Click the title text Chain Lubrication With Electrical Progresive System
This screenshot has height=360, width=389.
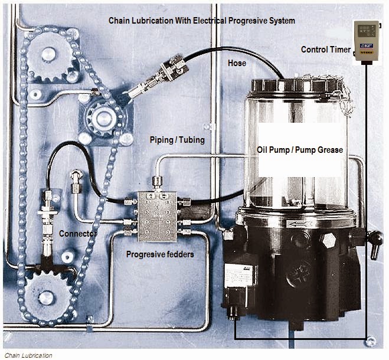tap(201, 21)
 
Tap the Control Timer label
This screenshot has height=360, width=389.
tap(325, 49)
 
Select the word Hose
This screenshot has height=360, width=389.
tap(237, 62)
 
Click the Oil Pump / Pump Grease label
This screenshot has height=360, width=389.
tap(299, 150)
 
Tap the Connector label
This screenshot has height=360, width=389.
tap(77, 234)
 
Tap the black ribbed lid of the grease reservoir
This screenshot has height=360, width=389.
tap(295, 86)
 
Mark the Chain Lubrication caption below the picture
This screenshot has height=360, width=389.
tap(28, 355)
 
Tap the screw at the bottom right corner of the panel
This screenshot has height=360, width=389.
tap(370, 341)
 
